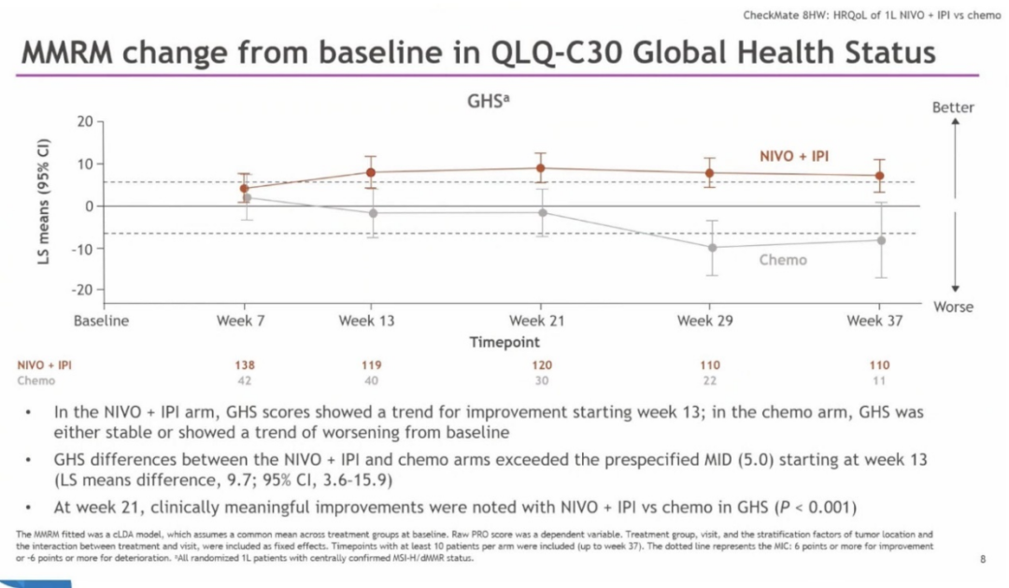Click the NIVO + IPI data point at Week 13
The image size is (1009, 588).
pyautogui.click(x=371, y=172)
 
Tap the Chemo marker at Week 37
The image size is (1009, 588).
pyautogui.click(x=879, y=240)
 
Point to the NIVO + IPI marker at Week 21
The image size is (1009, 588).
pyautogui.click(x=540, y=168)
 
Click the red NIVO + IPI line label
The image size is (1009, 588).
pyautogui.click(x=793, y=155)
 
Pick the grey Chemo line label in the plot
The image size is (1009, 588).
pyautogui.click(x=783, y=260)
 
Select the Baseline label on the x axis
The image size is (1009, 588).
pyautogui.click(x=101, y=321)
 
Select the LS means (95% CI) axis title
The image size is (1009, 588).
pyautogui.click(x=43, y=202)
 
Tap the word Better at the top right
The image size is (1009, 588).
pyautogui.click(x=953, y=108)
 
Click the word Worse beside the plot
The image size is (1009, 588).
pyautogui.click(x=953, y=308)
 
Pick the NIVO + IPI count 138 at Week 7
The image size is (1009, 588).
pyautogui.click(x=244, y=366)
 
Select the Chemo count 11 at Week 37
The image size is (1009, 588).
pyautogui.click(x=879, y=380)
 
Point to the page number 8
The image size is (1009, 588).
pyautogui.click(x=983, y=559)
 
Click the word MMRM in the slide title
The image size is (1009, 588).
pyautogui.click(x=70, y=52)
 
